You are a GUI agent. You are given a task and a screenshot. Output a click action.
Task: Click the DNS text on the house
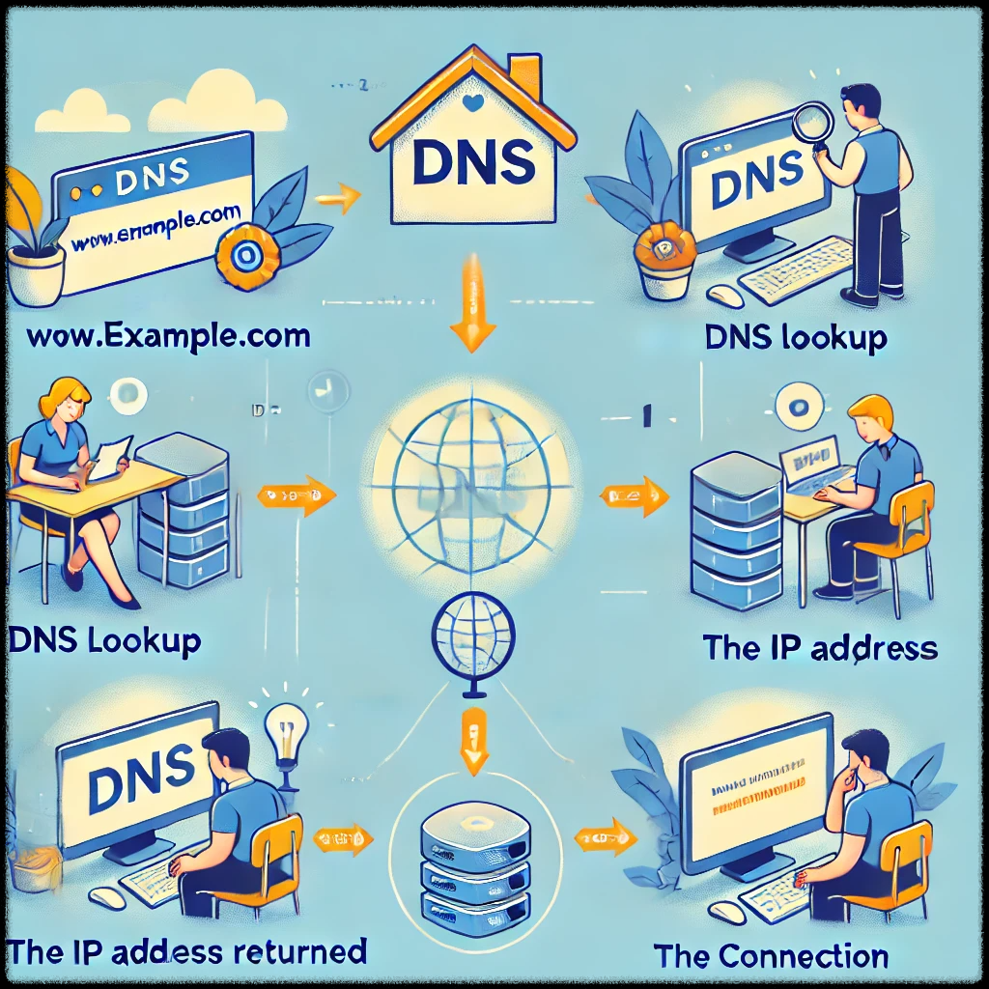473,161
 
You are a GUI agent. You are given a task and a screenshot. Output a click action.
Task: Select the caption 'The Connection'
771,956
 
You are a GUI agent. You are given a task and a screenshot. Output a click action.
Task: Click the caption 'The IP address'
820,646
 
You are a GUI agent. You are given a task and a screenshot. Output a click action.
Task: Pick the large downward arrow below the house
473,304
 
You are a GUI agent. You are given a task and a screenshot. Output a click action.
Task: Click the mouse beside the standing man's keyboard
725,295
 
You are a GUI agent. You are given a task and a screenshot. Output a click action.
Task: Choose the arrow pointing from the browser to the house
338,200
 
